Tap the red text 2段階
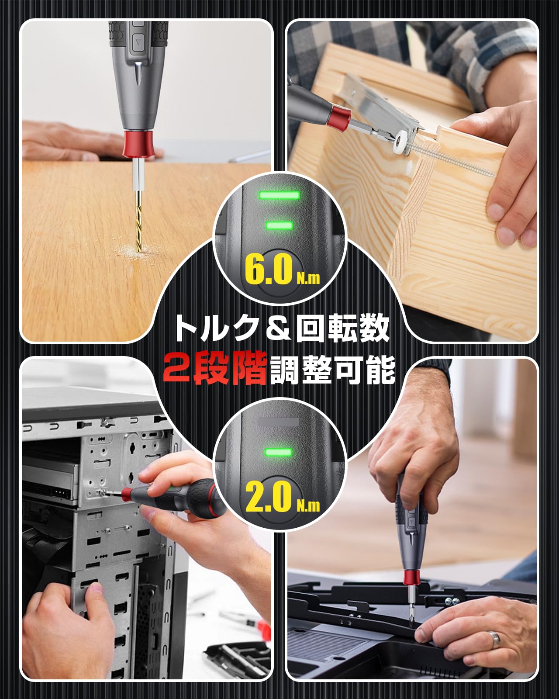(x=214, y=369)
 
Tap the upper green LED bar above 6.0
(x=279, y=195)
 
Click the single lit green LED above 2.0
(x=279, y=452)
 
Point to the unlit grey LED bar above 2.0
(x=279, y=422)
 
